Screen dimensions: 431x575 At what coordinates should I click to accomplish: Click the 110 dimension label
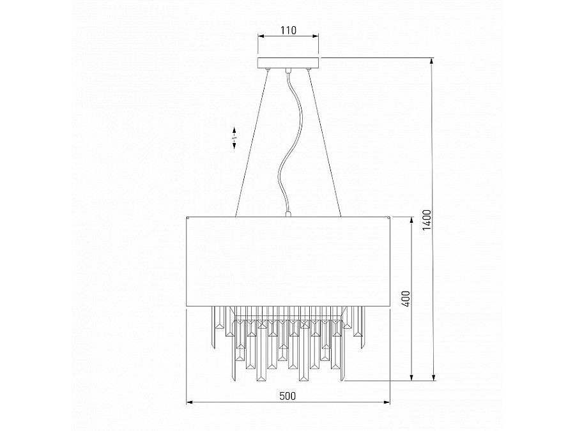[287, 30]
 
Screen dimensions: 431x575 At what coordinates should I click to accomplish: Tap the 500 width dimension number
[287, 396]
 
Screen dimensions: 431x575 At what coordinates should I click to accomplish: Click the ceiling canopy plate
[287, 63]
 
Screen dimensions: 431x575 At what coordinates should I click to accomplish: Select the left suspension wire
[251, 144]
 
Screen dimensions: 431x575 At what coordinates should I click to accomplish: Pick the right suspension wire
[324, 144]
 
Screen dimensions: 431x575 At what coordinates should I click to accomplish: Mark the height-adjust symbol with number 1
[234, 137]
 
